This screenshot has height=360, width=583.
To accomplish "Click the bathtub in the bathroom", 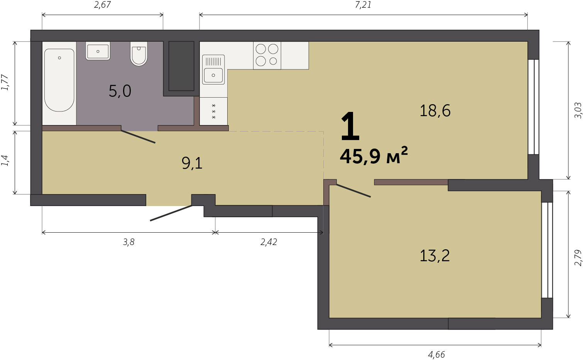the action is pyautogui.click(x=59, y=80).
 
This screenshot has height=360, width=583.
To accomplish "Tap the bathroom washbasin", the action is pyautogui.click(x=98, y=51).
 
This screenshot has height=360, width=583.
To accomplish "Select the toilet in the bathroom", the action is pyautogui.click(x=139, y=54).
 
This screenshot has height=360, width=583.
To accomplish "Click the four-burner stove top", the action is pyautogui.click(x=267, y=55).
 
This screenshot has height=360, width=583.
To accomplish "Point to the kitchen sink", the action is pyautogui.click(x=213, y=69).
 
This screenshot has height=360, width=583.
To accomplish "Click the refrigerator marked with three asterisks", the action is pyautogui.click(x=214, y=112).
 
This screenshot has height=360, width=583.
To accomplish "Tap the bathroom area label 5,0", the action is pyautogui.click(x=120, y=91).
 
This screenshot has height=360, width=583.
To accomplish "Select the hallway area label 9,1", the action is pyautogui.click(x=192, y=164).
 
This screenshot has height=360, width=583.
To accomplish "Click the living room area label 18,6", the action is pyautogui.click(x=435, y=110).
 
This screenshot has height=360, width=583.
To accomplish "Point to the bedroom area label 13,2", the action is pyautogui.click(x=435, y=255).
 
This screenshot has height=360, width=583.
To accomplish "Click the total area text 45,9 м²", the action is pyautogui.click(x=374, y=155).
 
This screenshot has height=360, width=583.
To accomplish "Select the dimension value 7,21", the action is pyautogui.click(x=363, y=5).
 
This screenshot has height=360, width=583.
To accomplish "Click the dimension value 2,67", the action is pyautogui.click(x=103, y=5).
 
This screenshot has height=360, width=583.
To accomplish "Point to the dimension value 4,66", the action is pyautogui.click(x=436, y=355).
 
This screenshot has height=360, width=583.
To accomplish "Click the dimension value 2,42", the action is pyautogui.click(x=269, y=242).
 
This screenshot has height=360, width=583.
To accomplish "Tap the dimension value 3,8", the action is pyautogui.click(x=128, y=242).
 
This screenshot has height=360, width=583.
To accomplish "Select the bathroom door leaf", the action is pyautogui.click(x=138, y=137).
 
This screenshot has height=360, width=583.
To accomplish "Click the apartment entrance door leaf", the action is pyautogui.click(x=171, y=213).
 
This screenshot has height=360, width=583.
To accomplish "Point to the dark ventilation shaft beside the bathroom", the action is pyautogui.click(x=181, y=66).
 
